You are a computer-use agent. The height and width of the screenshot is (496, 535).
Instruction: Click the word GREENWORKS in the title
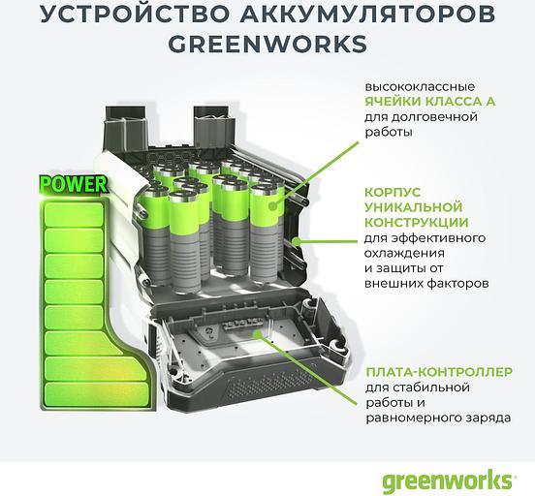click(267, 46)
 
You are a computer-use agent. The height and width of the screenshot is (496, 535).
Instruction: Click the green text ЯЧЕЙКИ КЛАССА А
click(419, 100)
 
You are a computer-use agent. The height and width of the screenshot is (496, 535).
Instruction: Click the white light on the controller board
click(255, 336)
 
